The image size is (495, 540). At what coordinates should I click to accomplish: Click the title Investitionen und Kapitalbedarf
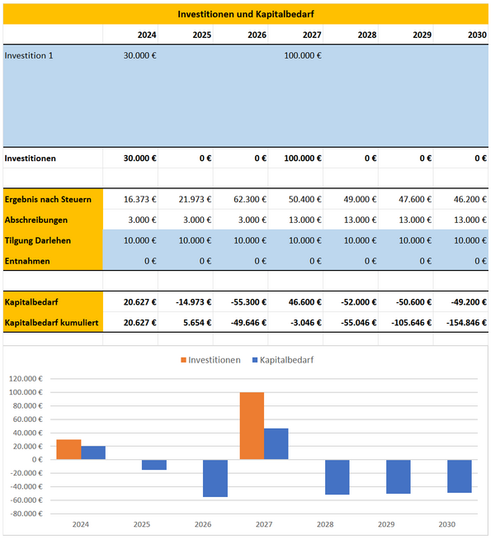(x=246, y=14)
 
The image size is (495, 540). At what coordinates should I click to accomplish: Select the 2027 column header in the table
(x=312, y=36)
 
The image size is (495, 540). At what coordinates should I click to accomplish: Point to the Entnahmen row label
(x=26, y=261)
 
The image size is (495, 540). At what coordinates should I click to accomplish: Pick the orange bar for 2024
(x=68, y=449)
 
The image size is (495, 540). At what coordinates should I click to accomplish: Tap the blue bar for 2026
(x=215, y=478)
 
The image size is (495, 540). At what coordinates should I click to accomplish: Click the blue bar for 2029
(x=398, y=476)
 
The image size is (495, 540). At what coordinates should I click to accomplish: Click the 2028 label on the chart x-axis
(x=325, y=524)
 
